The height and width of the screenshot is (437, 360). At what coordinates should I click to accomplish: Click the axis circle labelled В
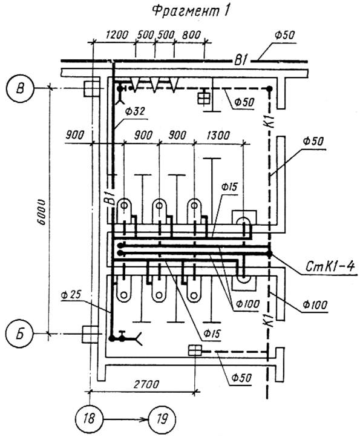point(20,88)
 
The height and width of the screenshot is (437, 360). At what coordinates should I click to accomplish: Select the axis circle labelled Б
point(20,333)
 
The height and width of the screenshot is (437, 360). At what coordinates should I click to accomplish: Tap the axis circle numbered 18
point(89,419)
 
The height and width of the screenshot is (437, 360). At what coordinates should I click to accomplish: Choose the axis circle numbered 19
point(163,419)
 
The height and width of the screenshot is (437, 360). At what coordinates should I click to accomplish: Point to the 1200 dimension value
point(117,35)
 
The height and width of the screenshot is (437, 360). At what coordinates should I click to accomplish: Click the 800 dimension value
point(191,35)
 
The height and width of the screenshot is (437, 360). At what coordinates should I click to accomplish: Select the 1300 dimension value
point(218,136)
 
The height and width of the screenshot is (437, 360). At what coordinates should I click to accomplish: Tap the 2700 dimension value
point(146,384)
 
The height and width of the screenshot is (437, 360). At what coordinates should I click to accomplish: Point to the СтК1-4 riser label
point(330,266)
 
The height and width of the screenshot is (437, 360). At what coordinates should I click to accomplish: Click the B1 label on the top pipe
point(241,61)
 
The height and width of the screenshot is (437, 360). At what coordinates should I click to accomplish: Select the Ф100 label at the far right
point(315,305)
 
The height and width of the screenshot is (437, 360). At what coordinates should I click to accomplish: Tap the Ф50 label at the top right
point(284,35)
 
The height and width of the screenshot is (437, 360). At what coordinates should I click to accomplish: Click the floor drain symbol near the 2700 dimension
point(195,350)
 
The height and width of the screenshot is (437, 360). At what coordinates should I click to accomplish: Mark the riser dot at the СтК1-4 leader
point(269,254)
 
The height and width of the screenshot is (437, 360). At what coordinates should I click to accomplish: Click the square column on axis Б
point(90,334)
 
